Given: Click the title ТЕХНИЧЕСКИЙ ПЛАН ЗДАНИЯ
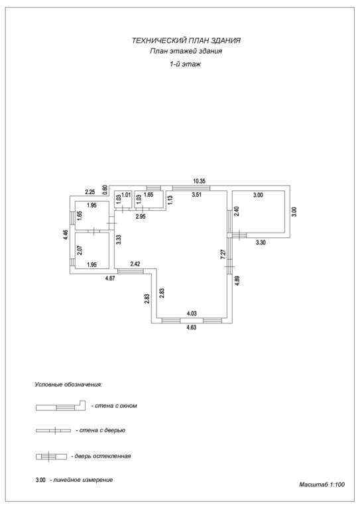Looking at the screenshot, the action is pos(186,40).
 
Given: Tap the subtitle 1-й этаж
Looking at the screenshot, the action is pos(186,64).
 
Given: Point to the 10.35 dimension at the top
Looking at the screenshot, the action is pos(200,181).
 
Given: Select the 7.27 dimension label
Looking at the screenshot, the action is pos(223,254).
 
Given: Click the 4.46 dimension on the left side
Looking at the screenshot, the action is pos(66,235).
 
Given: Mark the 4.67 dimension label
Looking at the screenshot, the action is pos(111,278).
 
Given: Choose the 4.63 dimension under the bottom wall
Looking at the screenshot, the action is pos(192,327).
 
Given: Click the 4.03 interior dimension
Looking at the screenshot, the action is pos(192,313).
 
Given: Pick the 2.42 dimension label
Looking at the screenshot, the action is pos(135,264).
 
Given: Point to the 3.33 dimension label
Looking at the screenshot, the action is pos(119,239).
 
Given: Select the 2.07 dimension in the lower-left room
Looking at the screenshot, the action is pos(80,250).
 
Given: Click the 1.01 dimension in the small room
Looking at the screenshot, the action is pos(125,195).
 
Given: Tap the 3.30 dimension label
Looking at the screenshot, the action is pos(261,242).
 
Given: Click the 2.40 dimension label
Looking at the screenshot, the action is pos(237,211).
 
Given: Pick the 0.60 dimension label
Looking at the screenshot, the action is pos(105,190).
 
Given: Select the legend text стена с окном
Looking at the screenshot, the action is pos(114,406).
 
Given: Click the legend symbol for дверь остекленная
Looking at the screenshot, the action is pos(51,457).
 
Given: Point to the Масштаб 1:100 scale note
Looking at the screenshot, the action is pos(322,484).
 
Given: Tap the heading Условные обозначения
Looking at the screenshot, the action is pos(68,384).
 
